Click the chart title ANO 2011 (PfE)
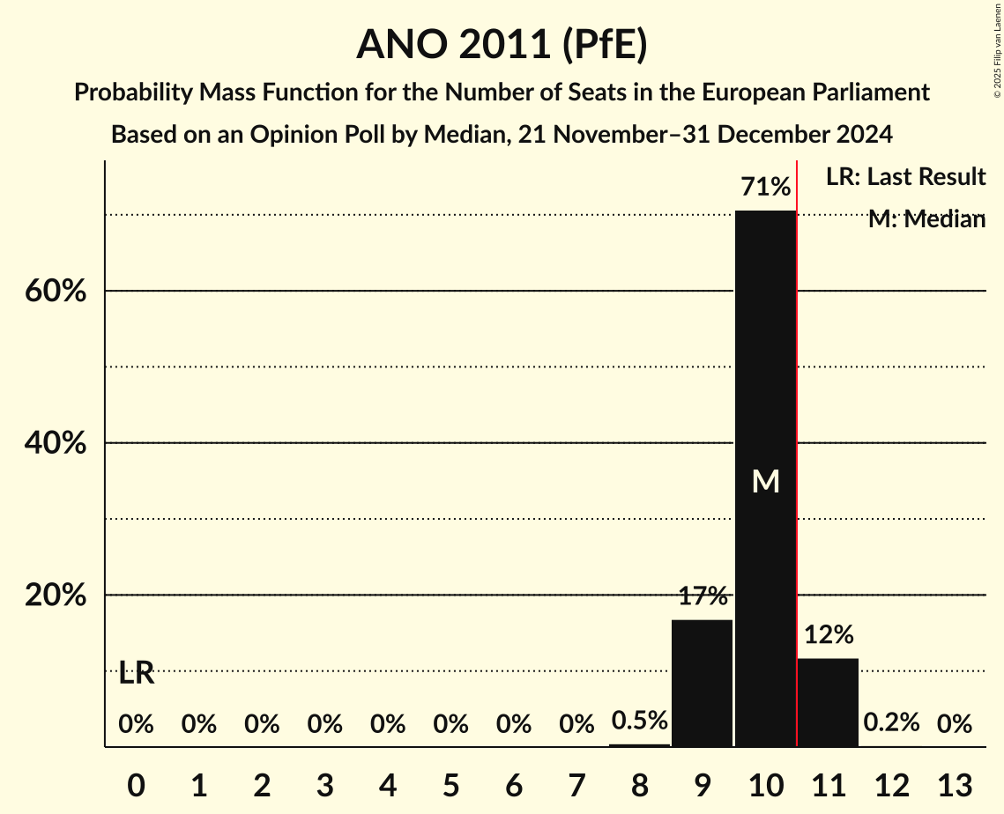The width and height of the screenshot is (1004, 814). (x=502, y=44)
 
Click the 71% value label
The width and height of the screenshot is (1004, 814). (x=765, y=187)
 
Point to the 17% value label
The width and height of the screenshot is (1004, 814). (x=703, y=596)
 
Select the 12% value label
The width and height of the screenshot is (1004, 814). (x=829, y=634)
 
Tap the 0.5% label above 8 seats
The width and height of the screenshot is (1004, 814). (x=639, y=721)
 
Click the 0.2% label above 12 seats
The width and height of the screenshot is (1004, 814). (x=891, y=723)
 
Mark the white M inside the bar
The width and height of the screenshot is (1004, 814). (x=765, y=481)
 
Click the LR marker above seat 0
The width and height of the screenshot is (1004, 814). (x=137, y=674)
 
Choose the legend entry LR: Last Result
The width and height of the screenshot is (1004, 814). (x=905, y=177)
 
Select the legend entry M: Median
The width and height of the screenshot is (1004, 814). (x=926, y=219)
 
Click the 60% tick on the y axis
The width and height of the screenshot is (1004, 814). (x=56, y=292)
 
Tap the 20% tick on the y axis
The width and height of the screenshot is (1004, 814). (x=56, y=596)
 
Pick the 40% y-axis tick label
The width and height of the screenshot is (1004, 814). (x=56, y=444)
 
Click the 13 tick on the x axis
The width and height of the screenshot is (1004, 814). (x=954, y=784)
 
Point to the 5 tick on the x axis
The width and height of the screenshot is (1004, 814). (x=450, y=784)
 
